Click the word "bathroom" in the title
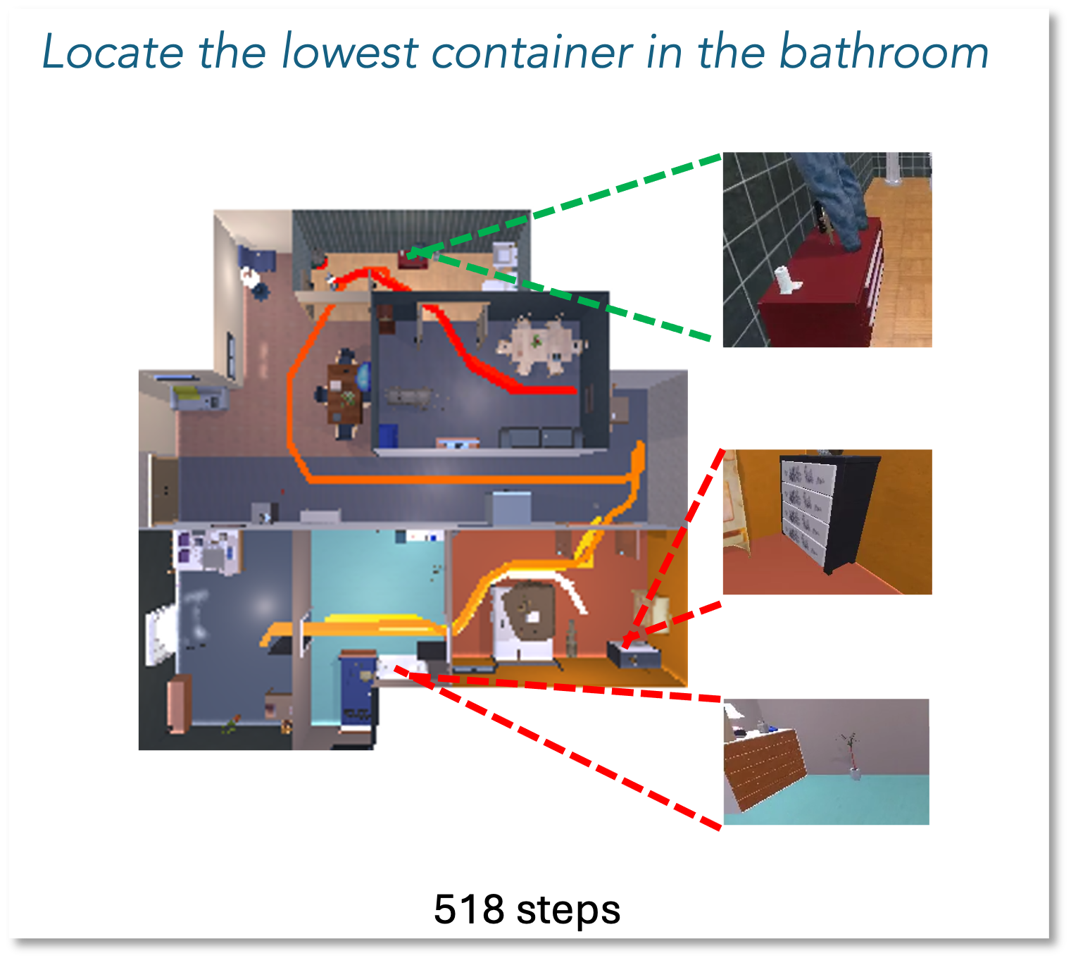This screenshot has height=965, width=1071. click(884, 52)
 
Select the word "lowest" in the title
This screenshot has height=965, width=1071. click(349, 52)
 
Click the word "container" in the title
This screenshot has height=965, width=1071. click(532, 53)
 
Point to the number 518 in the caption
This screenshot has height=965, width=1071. click(469, 909)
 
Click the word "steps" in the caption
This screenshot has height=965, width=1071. click(568, 911)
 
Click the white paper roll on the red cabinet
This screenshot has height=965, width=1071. click(787, 280)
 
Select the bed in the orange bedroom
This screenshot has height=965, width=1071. click(525, 621)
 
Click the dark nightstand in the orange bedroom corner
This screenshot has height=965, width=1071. click(633, 655)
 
